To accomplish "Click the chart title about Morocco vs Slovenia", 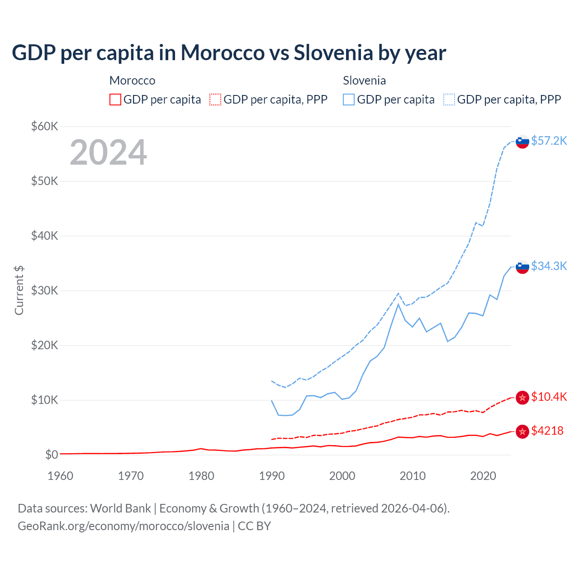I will [229, 53].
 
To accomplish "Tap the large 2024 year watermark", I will [108, 152].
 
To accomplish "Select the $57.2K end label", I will [549, 141].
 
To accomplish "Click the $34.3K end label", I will [549, 266].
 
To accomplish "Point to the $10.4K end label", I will [549, 397].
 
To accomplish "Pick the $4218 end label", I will [547, 431].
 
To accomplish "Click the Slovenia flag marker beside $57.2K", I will [522, 142].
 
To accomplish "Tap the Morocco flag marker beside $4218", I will [522, 432].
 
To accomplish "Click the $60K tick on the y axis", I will [44, 126].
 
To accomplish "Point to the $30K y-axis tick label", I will [44, 290].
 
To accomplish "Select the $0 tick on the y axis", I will [51, 455].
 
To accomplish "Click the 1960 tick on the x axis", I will [60, 476].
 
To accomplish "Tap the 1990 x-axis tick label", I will [272, 476].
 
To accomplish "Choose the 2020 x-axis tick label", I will [483, 476].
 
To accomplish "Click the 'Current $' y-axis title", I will [19, 290].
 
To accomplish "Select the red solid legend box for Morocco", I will [115, 100].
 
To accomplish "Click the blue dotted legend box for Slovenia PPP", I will [449, 100].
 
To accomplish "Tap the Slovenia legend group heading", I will [364, 81].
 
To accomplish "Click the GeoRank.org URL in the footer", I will [123, 526].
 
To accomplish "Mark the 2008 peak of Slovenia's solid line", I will [398, 304].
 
